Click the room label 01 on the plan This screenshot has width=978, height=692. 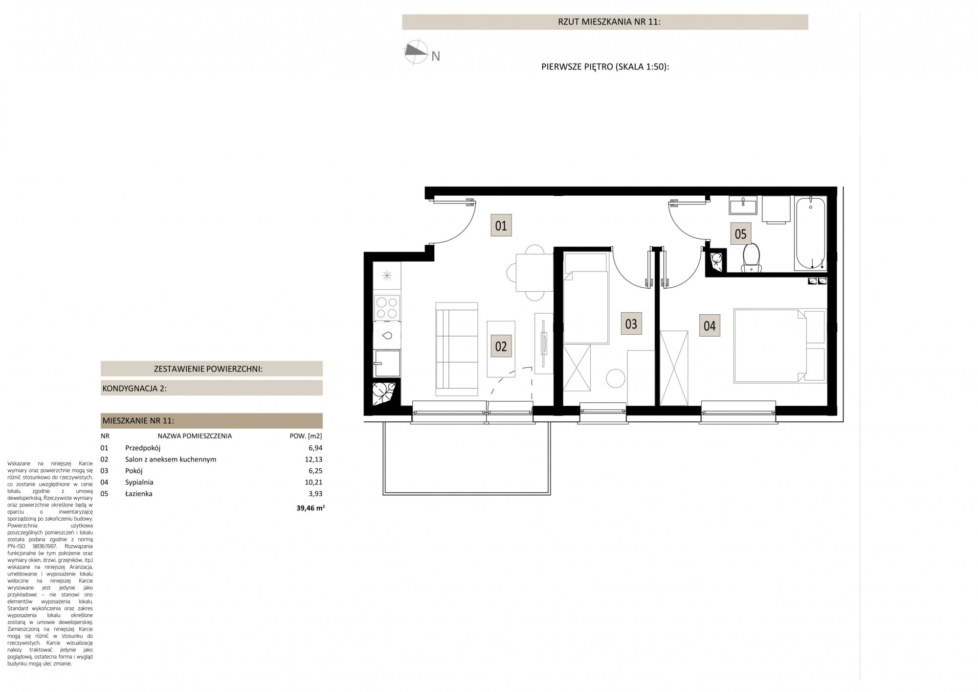(501, 226)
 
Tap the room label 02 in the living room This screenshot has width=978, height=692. (501, 346)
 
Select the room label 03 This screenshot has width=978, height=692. (631, 324)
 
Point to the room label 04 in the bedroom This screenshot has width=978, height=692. (710, 325)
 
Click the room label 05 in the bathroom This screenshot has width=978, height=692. (741, 234)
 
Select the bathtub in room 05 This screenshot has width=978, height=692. (811, 233)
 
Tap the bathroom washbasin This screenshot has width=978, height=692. (743, 206)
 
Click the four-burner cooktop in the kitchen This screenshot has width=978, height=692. (387, 308)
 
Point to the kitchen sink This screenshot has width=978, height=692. (387, 335)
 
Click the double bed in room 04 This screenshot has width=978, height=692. (779, 345)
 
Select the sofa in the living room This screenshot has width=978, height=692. (457, 349)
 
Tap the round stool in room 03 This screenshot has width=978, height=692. (615, 378)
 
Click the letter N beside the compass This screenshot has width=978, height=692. (436, 57)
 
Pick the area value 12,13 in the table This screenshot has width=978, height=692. (313, 460)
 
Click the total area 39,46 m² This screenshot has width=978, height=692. (311, 508)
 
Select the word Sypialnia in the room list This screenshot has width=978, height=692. (139, 483)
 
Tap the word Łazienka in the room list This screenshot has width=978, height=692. (139, 494)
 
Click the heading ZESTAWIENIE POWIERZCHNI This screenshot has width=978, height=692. (208, 369)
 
